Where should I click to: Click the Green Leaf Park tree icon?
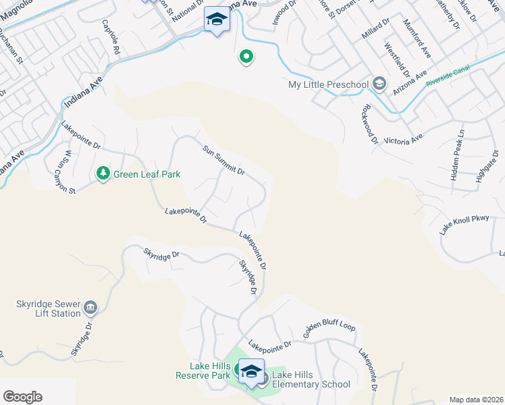tap(103, 174)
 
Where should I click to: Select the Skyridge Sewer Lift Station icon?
tap(90, 309)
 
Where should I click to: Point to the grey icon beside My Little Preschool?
tap(379, 84)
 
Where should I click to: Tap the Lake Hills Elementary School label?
tap(311, 379)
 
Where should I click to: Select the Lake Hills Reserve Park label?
tap(203, 371)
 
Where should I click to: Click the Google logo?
tap(22, 396)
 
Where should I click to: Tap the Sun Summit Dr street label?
tap(223, 159)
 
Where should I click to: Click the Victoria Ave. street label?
tap(403, 139)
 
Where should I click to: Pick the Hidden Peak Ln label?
tap(458, 154)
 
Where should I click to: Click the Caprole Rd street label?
tap(111, 38)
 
